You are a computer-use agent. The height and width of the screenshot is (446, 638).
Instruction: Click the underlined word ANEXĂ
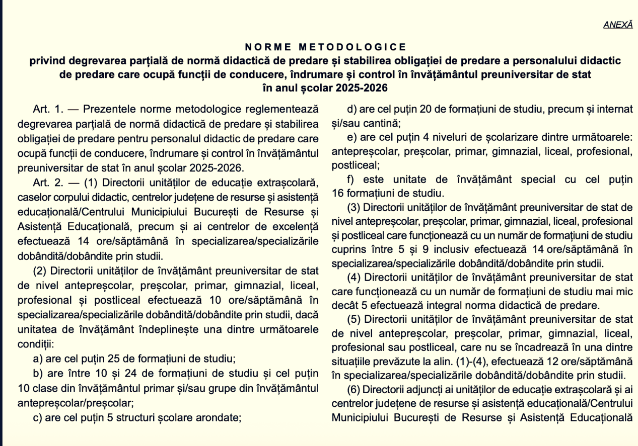coord(618,25)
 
